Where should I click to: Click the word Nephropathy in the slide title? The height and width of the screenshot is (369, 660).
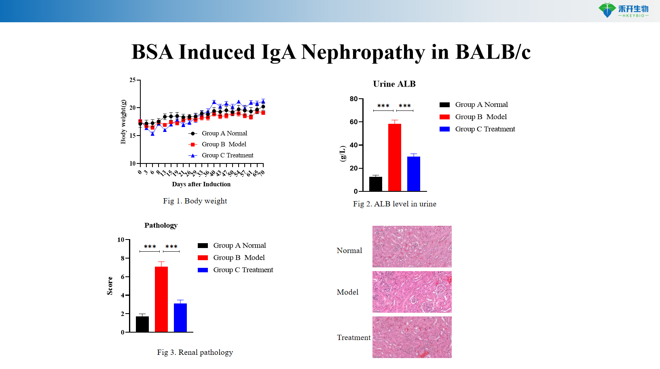pos(363,53)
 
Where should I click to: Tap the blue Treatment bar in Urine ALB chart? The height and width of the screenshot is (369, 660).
pos(413,174)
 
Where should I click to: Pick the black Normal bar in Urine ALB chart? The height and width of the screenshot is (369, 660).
pos(375,184)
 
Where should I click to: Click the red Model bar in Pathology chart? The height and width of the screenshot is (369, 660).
pos(161,299)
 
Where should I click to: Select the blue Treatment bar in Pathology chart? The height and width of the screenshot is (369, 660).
pos(180,318)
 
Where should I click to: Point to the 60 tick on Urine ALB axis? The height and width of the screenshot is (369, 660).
pos(354,122)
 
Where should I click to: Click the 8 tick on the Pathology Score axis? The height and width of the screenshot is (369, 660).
pos(123,258)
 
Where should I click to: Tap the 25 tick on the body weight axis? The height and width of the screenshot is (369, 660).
pos(133,80)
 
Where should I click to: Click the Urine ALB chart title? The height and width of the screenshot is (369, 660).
pos(394,84)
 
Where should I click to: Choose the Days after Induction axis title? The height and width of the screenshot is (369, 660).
pos(201,184)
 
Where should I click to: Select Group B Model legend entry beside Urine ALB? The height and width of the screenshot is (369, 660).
pos(480,117)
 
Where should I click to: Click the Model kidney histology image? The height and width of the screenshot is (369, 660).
pos(412,292)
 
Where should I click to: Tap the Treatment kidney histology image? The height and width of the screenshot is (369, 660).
pos(412,337)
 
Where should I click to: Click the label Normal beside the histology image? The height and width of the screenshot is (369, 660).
pos(349,250)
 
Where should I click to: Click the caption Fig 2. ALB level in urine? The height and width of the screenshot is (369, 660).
pos(394,204)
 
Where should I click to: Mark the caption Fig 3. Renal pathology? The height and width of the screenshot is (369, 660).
pos(195,352)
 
